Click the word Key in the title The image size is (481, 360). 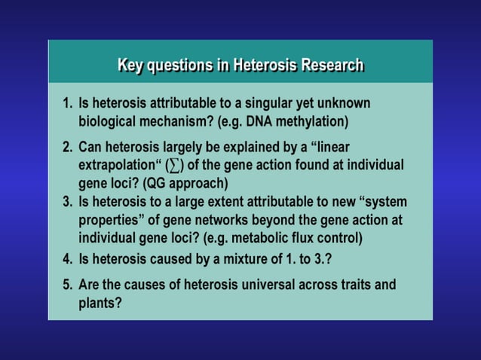[x=130, y=65]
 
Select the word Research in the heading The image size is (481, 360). [x=332, y=65]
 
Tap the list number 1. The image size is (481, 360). [x=66, y=103]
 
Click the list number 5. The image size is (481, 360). [x=66, y=285]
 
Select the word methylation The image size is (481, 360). [x=317, y=121]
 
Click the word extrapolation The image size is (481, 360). [x=117, y=165]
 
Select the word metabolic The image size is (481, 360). [x=274, y=238]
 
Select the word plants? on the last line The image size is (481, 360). [x=100, y=304]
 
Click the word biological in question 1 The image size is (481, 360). [x=109, y=121]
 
